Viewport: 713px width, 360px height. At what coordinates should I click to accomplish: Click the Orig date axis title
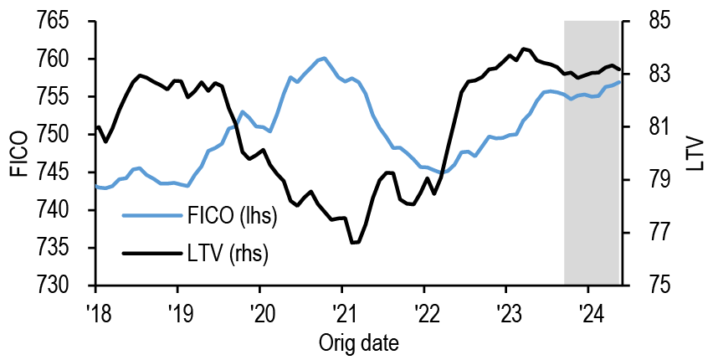click(358, 342)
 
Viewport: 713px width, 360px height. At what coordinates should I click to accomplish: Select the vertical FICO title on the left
click(19, 153)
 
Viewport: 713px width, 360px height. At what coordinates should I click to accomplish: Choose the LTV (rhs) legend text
click(227, 252)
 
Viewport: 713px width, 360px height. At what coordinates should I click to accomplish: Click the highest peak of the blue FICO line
click(323, 58)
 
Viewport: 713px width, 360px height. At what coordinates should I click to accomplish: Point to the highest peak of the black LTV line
click(523, 49)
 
